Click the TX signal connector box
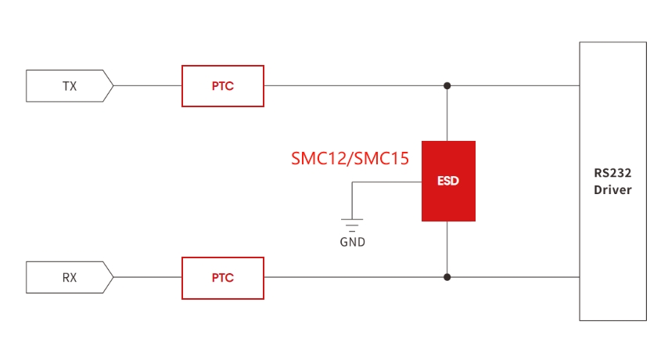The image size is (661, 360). point(70,86)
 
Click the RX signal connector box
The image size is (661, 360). point(70,277)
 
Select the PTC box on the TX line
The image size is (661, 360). point(223,86)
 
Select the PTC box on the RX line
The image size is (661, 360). point(223,279)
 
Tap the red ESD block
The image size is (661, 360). point(448,182)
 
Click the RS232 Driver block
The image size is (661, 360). point(613,182)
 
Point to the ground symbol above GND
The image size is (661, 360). point(352,225)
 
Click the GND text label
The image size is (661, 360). point(353,242)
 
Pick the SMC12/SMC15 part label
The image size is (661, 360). point(350,159)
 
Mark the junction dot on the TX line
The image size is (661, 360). point(447,86)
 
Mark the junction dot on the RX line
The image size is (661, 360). point(447,277)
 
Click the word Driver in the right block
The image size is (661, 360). point(613,190)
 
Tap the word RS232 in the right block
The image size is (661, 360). point(613,173)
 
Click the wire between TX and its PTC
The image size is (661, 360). point(148,86)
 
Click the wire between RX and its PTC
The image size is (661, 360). point(148,277)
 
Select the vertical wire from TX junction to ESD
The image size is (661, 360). point(447,113)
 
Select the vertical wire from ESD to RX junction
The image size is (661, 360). point(447,249)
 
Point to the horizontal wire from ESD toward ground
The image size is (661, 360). point(387,182)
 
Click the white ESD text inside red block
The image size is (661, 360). point(448,181)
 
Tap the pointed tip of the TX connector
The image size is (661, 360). point(113,86)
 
